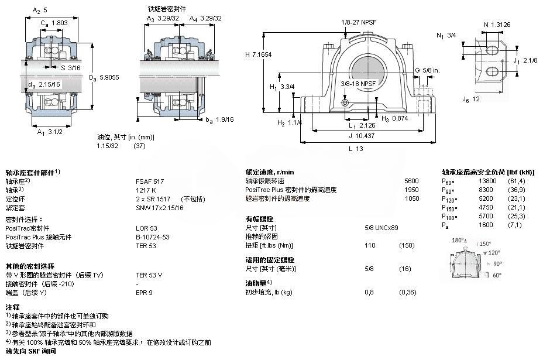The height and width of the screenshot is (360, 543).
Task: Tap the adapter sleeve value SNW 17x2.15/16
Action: (x=160, y=207)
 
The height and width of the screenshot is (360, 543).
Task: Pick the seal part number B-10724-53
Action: (x=153, y=237)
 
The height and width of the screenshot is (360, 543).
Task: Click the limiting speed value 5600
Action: (x=411, y=181)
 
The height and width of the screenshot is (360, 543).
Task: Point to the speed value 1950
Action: (x=411, y=190)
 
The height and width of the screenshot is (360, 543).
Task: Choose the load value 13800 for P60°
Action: (x=487, y=181)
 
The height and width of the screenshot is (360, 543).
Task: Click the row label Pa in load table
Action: (x=446, y=225)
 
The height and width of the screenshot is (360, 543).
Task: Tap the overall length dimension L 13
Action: (x=355, y=149)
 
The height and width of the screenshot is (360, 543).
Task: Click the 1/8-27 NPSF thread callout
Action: (x=358, y=22)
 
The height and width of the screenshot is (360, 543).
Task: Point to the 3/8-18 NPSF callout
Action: (x=358, y=84)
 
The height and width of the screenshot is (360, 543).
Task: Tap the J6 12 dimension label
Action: (x=467, y=99)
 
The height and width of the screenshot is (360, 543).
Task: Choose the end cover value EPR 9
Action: (x=144, y=293)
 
